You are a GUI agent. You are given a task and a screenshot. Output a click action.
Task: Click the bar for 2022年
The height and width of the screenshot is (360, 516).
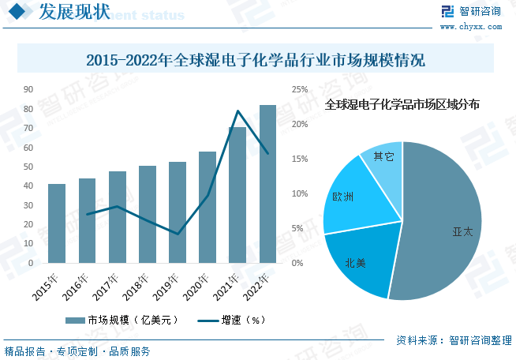(x=267, y=184)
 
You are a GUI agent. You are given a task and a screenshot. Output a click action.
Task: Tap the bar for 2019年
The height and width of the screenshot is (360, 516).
(x=177, y=212)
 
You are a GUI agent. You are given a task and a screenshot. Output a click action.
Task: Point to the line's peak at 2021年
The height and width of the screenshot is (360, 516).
(x=237, y=111)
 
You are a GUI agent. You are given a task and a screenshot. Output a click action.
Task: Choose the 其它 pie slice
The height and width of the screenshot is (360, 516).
(x=383, y=159)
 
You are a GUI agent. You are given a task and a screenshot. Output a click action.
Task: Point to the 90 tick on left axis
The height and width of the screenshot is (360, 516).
(x=28, y=90)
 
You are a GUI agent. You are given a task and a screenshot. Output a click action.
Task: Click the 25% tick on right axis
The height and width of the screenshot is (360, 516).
(x=300, y=90)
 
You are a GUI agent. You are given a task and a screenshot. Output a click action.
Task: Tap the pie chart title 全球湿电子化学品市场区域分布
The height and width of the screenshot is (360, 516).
(x=402, y=104)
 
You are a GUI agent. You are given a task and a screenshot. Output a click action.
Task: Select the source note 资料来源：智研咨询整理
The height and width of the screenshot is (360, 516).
(x=454, y=341)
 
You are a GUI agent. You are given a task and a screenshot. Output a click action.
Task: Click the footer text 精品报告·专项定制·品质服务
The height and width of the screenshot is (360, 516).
(x=77, y=352)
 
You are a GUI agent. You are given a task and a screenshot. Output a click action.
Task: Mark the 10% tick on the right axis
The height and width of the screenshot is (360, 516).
(x=300, y=193)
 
